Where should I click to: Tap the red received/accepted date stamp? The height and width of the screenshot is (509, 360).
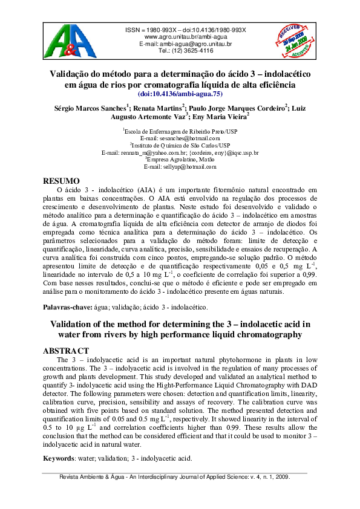(x=293, y=41)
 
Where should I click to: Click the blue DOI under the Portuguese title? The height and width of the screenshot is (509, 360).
(x=180, y=94)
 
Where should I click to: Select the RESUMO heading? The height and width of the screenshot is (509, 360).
(x=62, y=181)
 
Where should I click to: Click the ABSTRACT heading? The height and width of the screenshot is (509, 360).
(x=67, y=351)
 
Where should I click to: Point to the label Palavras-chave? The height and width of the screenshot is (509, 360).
(x=67, y=308)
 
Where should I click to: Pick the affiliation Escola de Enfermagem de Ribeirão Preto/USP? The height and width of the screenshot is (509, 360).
(x=180, y=131)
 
